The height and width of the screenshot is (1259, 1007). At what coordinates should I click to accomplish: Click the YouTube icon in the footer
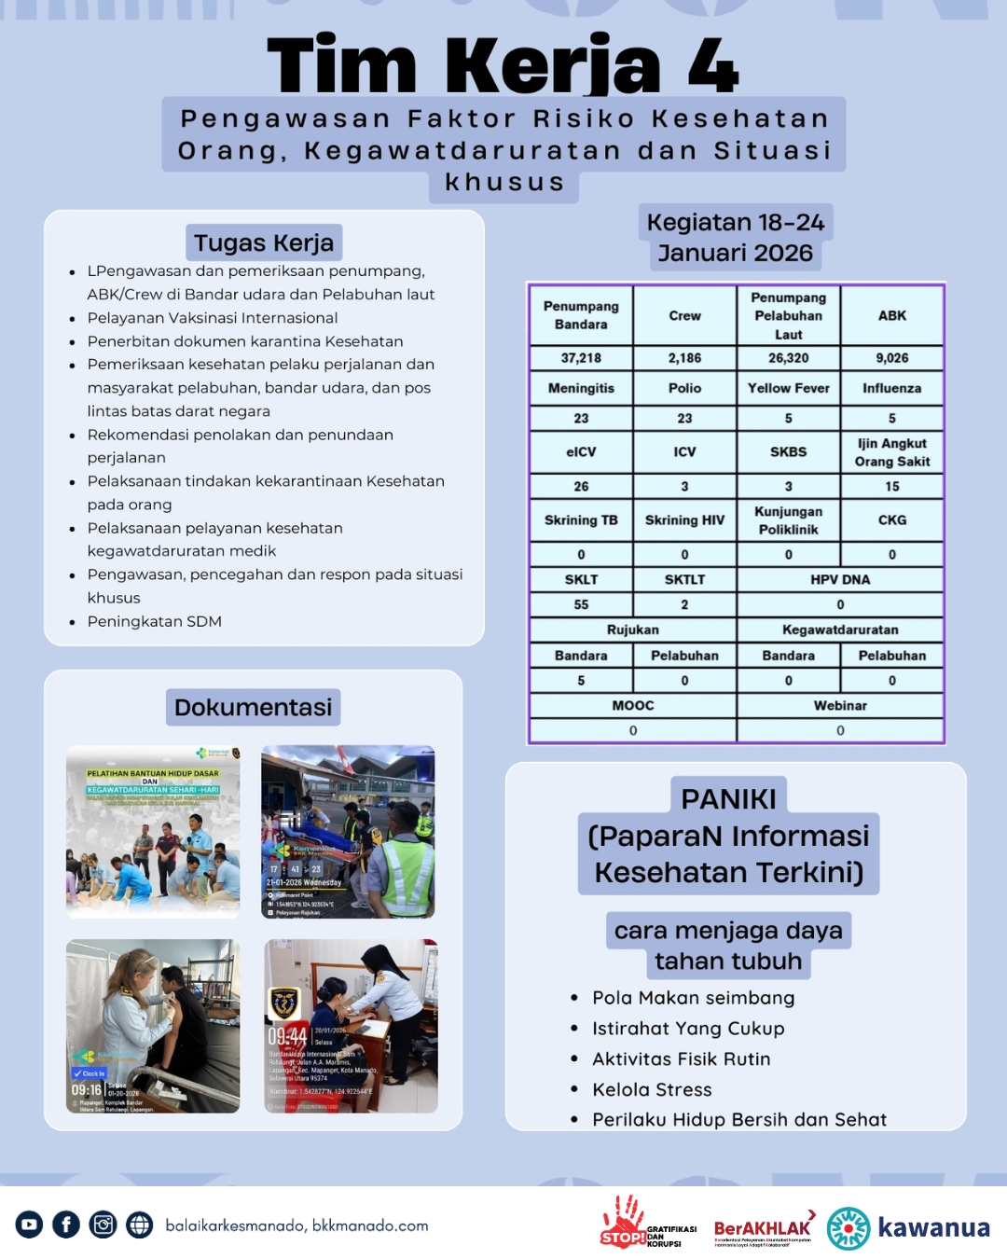point(29,1224)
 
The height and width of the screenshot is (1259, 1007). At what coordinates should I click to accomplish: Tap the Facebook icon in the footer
point(66,1224)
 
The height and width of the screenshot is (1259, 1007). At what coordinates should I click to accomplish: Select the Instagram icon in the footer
point(103,1224)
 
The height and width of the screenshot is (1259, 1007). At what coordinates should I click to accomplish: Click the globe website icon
point(140,1224)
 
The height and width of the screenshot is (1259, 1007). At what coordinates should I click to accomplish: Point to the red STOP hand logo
point(623,1222)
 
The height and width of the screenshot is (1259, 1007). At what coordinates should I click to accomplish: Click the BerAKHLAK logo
point(763,1228)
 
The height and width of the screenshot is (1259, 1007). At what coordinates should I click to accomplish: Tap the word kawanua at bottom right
point(933,1227)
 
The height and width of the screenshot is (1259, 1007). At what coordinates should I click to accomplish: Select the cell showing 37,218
point(581,358)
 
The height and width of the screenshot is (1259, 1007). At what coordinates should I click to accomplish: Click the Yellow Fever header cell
point(788,388)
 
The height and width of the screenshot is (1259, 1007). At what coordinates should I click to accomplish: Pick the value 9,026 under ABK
point(892,358)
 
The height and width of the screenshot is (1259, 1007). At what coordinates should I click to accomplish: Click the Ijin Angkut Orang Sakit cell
point(892,452)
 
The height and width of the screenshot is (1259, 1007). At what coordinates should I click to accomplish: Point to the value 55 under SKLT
point(581,604)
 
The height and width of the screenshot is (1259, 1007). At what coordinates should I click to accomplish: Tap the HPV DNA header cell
point(840,579)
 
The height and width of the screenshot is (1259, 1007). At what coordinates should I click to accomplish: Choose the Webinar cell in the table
point(840,705)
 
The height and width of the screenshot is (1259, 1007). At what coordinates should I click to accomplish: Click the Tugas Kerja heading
point(264,243)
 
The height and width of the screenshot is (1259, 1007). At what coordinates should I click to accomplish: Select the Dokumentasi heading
point(253,707)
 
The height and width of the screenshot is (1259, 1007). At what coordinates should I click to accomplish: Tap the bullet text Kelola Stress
point(652,1089)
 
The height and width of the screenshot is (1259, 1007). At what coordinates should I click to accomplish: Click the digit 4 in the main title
point(713,65)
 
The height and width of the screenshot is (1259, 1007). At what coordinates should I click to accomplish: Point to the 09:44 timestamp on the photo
point(287,1036)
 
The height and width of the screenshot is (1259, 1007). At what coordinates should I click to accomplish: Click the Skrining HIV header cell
point(684,520)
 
